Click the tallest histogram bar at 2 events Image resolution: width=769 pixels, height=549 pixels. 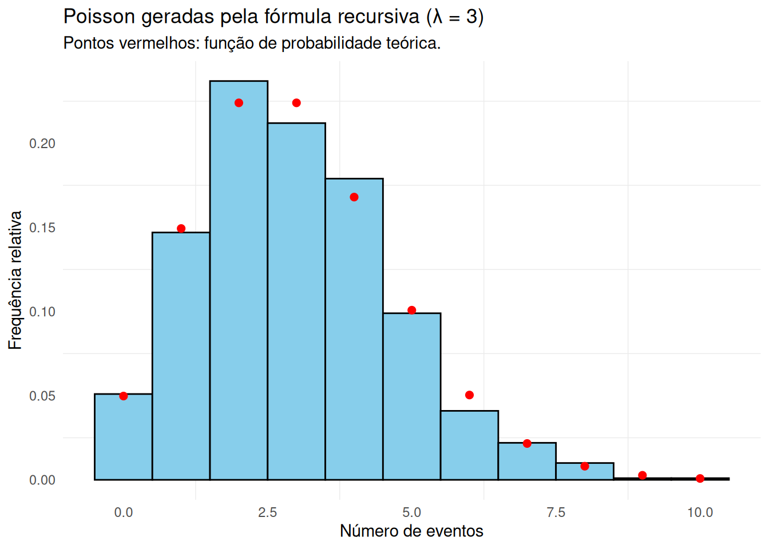[239, 280]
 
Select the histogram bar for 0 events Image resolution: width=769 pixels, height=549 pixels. [123, 437]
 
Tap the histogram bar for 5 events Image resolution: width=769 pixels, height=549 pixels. [411, 396]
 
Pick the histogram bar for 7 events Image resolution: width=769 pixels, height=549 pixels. [527, 461]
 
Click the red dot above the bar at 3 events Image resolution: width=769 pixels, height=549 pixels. [296, 103]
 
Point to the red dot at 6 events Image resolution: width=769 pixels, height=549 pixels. [469, 395]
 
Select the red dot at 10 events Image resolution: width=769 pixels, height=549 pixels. [700, 478]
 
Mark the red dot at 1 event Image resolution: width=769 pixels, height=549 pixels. [181, 229]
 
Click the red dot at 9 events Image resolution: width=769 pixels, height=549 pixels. [643, 475]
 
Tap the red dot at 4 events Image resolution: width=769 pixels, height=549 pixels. [354, 197]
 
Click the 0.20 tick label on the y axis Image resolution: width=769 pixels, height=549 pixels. [42, 144]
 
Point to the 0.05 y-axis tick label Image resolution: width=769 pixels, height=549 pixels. [42, 396]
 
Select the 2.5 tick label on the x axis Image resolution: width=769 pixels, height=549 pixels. [267, 512]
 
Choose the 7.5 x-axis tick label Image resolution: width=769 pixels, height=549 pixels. [556, 512]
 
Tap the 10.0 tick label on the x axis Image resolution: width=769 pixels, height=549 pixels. [700, 512]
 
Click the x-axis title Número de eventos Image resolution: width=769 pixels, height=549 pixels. [411, 531]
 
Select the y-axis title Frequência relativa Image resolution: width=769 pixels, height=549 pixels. [15, 280]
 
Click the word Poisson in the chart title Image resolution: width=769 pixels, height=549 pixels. [99, 17]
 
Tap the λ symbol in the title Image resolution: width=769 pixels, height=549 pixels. [437, 17]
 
